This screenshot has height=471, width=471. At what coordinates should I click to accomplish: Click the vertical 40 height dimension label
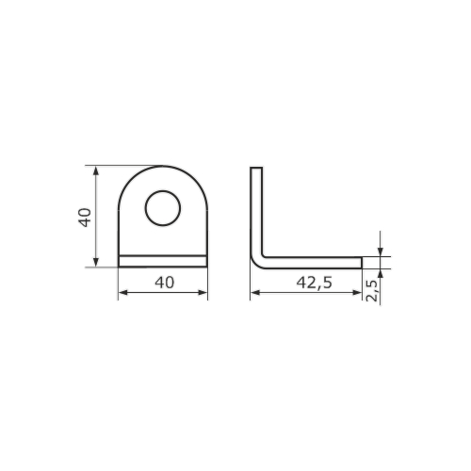(85, 217)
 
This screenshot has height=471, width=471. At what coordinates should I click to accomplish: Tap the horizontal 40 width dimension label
(164, 283)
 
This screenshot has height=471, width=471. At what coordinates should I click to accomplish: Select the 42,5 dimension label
(314, 283)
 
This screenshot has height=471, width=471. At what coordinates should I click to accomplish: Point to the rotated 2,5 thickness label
(372, 290)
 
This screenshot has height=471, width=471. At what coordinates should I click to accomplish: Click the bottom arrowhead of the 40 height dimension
(96, 263)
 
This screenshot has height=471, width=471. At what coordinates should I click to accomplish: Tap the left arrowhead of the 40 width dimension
(123, 293)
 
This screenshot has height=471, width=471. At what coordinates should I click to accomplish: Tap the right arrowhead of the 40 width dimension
(203, 293)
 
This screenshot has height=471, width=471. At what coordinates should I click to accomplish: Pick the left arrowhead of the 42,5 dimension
(255, 293)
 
